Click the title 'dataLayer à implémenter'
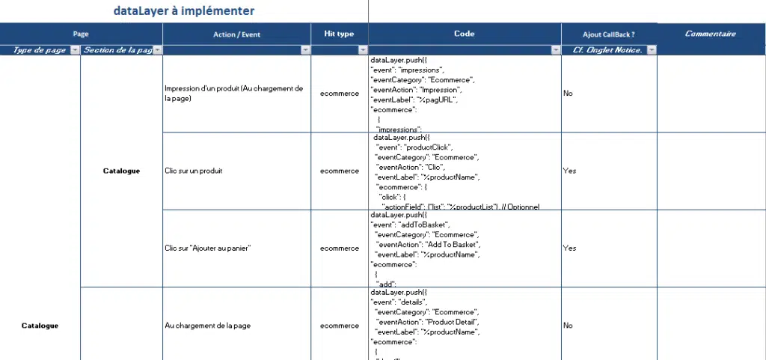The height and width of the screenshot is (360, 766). point(183,10)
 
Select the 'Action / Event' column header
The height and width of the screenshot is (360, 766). point(236,34)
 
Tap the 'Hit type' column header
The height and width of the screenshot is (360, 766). point(339,34)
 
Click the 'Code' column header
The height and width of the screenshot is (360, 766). point(464,34)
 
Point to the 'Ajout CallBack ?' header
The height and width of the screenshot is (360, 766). point(608,34)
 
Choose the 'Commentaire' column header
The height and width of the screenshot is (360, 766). point(710,34)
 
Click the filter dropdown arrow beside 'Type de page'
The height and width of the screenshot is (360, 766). point(74,50)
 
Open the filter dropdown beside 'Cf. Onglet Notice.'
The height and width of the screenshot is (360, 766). point(651,50)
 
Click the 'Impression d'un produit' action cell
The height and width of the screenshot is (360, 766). point(233,93)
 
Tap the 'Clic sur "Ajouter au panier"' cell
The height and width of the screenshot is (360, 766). point(207,248)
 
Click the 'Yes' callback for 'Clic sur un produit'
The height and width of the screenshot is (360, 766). point(569,171)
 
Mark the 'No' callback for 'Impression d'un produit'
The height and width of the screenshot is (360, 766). point(568,94)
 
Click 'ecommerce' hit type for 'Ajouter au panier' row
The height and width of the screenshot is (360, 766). point(339,248)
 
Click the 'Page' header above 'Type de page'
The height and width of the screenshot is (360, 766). point(81,34)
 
